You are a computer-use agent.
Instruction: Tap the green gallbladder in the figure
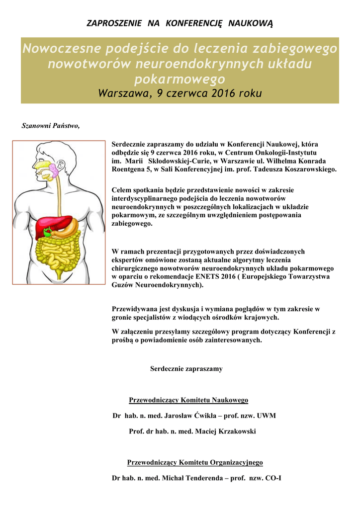[48, 232]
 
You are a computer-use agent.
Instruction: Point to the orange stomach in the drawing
[70, 228]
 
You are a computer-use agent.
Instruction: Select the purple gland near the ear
[54, 171]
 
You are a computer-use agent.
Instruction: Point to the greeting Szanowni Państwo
[51, 125]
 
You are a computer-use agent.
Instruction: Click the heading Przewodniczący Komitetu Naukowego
[188, 400]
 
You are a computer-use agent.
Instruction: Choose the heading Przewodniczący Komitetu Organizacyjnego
[195, 462]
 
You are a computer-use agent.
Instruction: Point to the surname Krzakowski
[234, 431]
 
